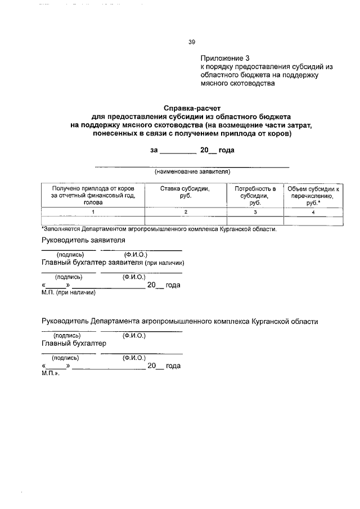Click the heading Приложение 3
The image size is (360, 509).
click(x=224, y=58)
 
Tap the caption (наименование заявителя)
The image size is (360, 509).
click(x=192, y=172)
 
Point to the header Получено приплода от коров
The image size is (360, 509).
click(x=93, y=189)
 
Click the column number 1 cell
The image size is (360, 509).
click(x=93, y=211)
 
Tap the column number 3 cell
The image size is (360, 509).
click(x=255, y=211)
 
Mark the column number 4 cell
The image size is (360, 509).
click(x=313, y=211)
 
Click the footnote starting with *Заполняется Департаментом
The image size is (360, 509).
click(x=159, y=229)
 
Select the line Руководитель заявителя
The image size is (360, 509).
click(x=83, y=240)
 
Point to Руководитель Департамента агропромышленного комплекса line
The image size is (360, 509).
click(x=180, y=322)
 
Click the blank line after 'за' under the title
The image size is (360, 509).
click(x=178, y=151)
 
